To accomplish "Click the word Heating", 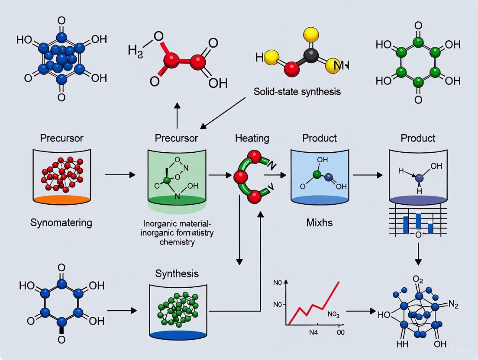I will pos(252,138).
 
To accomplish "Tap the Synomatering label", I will pos(61,223).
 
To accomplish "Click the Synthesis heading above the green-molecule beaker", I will pos(177,273).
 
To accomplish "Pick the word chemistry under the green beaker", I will pos(177,242).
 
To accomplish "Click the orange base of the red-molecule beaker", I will pos(62,199).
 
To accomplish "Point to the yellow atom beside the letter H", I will pos(271,59).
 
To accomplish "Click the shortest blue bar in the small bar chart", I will pos(430,228).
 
